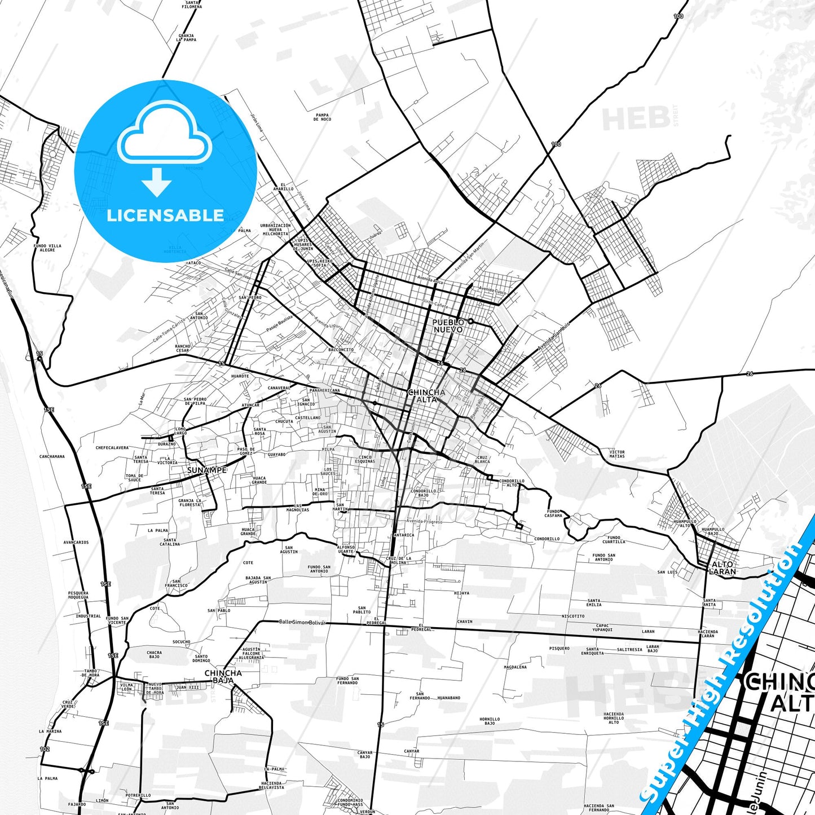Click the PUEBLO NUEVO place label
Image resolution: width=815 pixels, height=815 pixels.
click(448, 325)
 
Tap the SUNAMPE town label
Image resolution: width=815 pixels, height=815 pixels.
click(207, 470)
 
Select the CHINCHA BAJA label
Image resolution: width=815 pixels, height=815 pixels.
click(223, 676)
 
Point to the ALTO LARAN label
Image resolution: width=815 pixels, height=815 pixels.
click(723, 567)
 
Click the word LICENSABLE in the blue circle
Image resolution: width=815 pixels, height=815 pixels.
click(165, 215)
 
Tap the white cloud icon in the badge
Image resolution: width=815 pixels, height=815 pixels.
click(164, 133)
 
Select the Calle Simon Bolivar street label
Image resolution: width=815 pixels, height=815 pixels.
click(302, 622)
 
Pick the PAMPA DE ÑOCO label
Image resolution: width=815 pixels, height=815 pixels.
click(322, 117)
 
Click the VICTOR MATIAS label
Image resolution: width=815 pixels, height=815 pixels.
click(617, 453)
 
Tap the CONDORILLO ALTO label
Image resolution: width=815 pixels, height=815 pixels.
click(512, 483)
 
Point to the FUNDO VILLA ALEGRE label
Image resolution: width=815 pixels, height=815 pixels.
click(47, 248)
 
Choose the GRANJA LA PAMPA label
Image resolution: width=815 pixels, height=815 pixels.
click(186, 38)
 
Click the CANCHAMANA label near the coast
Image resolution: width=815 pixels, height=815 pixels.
click(52, 456)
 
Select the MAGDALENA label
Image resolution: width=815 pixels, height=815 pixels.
click(515, 667)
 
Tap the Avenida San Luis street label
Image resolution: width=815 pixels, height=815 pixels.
click(553, 337)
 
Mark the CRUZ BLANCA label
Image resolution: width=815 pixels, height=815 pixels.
click(483, 459)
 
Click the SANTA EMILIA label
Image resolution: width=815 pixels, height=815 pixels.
click(594, 602)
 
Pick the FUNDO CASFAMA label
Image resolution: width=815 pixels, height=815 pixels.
click(553, 513)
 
